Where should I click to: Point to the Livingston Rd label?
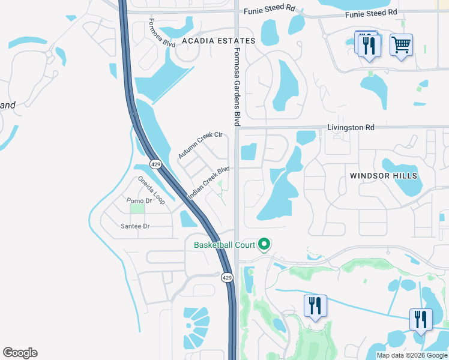[x=351, y=127]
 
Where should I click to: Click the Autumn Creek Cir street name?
[x=200, y=146]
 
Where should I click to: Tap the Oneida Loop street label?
[x=151, y=190]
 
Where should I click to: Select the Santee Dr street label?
[x=135, y=226]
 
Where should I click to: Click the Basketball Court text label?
[x=224, y=244]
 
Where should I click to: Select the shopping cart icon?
[x=401, y=44]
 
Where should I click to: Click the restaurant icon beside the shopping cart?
[x=369, y=46]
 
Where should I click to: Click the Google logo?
[x=20, y=353]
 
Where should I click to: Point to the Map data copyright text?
[x=412, y=355]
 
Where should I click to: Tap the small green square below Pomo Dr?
[x=137, y=209]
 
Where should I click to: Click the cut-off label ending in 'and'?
[x=8, y=105]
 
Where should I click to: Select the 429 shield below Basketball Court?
[x=226, y=277]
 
